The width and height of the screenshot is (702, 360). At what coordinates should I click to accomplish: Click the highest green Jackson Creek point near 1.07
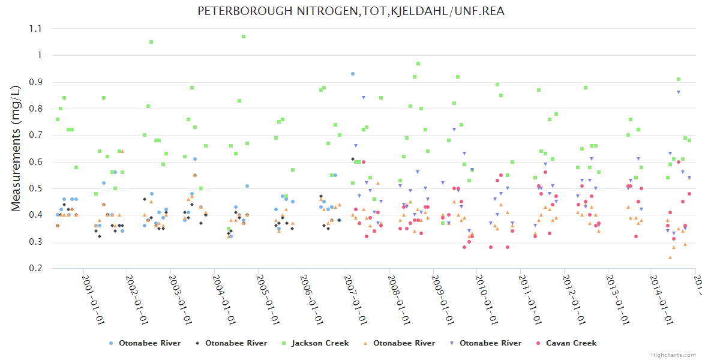click(244, 37)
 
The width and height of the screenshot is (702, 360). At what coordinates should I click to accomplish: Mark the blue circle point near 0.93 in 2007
click(353, 74)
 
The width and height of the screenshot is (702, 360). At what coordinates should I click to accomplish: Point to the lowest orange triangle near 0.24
click(670, 257)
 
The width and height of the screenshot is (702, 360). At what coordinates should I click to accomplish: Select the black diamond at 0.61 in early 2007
click(353, 159)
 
